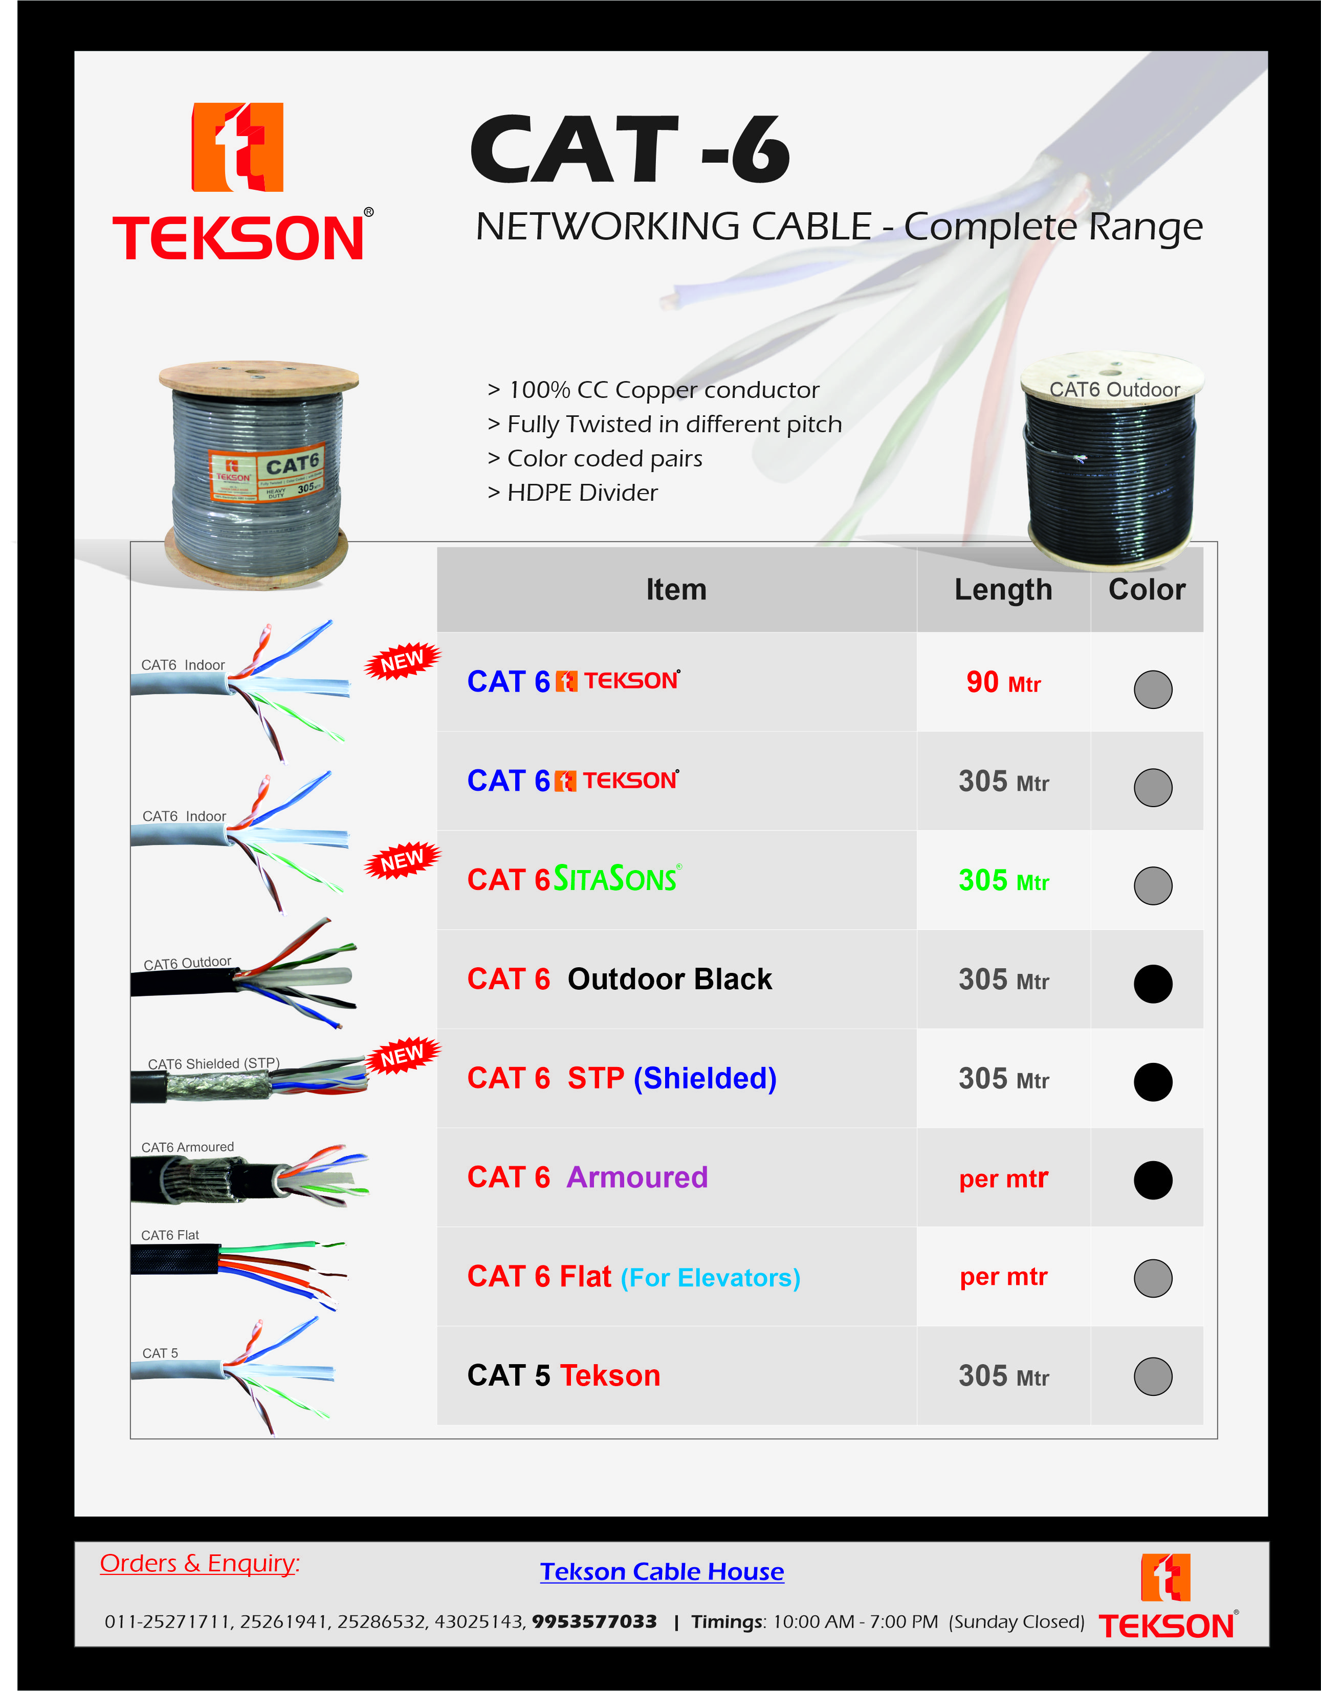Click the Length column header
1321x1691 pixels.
(x=1003, y=590)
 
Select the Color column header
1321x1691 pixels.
(x=1146, y=590)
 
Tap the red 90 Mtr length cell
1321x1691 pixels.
(x=1003, y=683)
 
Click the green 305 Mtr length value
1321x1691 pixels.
(x=1003, y=881)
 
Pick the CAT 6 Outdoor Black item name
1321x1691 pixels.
(x=620, y=980)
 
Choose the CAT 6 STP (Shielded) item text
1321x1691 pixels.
(x=621, y=1079)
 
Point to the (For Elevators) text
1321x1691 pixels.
(x=710, y=1278)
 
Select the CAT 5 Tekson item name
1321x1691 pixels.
(x=564, y=1376)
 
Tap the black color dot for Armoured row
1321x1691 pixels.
(x=1152, y=1180)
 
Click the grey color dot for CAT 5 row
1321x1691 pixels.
(x=1152, y=1376)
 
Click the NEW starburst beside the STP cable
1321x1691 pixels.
(x=402, y=1055)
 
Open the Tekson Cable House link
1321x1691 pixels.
(x=662, y=1572)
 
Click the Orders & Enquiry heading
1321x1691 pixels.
(x=199, y=1563)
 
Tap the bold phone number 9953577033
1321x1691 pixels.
(x=594, y=1621)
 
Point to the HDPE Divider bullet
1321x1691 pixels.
(x=573, y=493)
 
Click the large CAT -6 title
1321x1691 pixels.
(x=629, y=149)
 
